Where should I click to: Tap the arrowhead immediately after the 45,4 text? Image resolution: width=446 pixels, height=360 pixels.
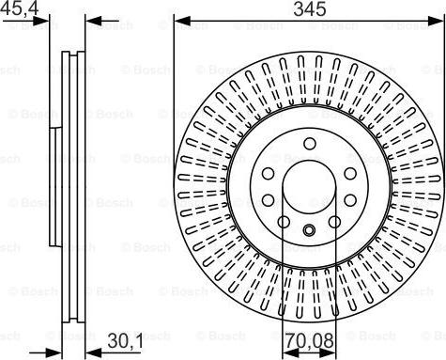click(x=47, y=20)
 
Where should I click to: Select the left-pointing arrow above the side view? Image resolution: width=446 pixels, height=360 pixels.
click(x=88, y=20)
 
